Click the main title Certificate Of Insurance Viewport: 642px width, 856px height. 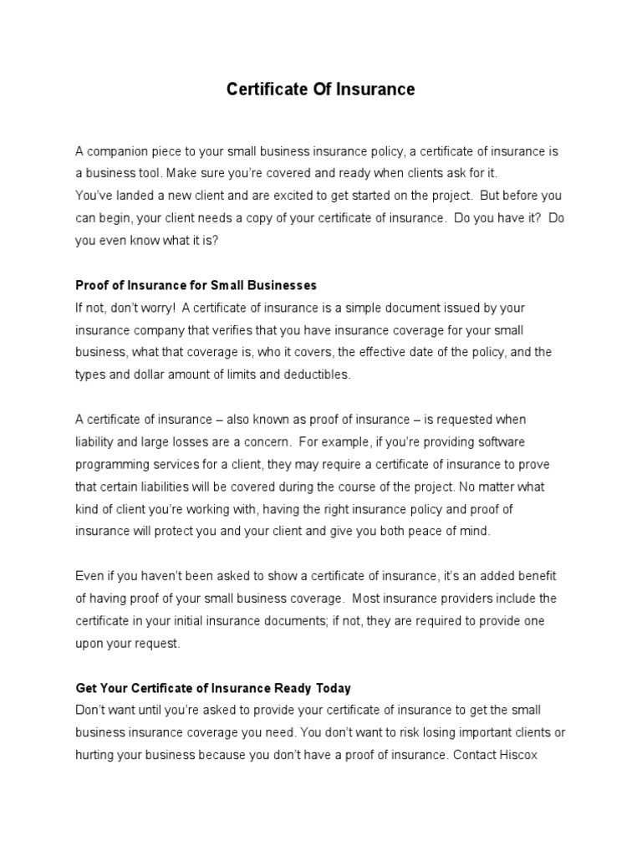[x=321, y=89]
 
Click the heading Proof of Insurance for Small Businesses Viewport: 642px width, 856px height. [x=196, y=285]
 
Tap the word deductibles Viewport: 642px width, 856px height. [x=309, y=374]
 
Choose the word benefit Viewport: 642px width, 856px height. [x=533, y=576]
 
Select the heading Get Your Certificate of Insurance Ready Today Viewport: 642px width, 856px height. [x=214, y=688]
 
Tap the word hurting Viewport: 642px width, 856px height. [x=97, y=755]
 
